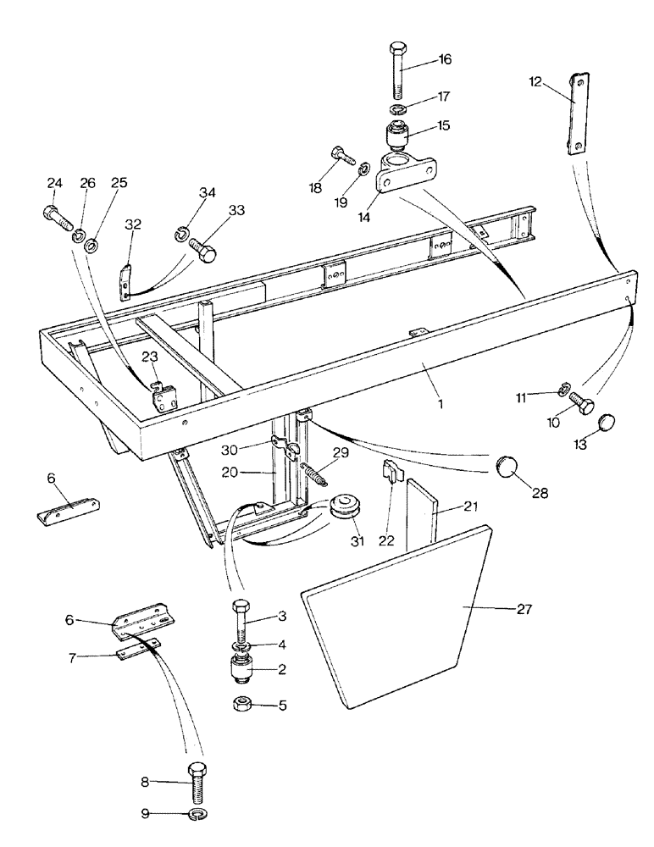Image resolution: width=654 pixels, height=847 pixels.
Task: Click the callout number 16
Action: point(444,59)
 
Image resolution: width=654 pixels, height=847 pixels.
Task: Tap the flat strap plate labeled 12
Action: point(576,113)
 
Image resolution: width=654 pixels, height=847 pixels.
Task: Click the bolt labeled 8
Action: point(196,779)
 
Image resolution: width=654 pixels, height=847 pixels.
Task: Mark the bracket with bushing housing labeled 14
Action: point(398,173)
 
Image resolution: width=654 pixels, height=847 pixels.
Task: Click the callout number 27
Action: point(524,607)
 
